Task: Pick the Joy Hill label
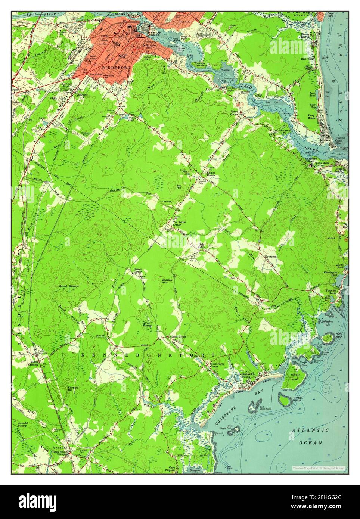[181, 187]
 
